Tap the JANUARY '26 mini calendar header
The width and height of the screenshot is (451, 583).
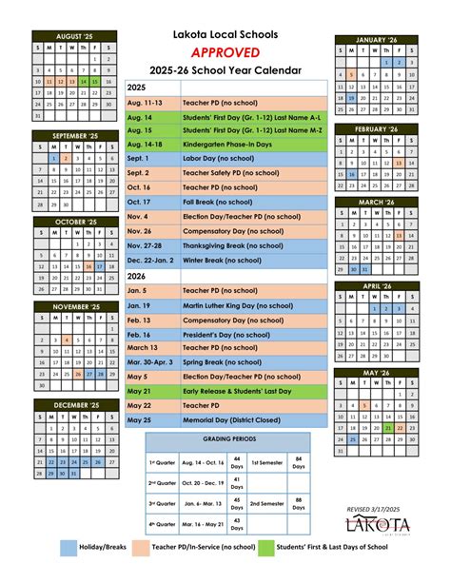[x=377, y=40]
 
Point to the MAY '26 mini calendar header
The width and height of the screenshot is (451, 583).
[x=377, y=373]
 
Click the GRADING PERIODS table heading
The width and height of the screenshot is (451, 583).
[x=228, y=441]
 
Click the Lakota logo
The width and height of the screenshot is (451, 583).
[x=381, y=525]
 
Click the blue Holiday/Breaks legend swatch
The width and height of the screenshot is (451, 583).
[x=69, y=549]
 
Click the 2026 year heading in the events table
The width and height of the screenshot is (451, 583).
[x=136, y=275]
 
